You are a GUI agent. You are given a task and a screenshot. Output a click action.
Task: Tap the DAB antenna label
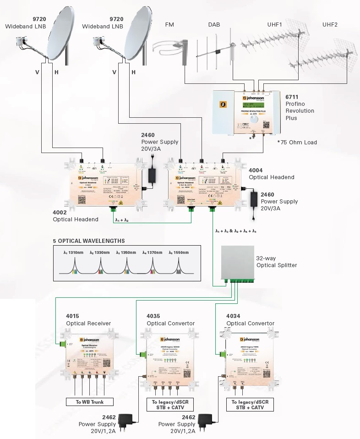[x=214, y=24]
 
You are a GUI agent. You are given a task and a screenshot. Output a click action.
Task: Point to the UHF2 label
[x=330, y=24]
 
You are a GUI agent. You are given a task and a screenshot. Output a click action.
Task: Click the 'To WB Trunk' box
[x=90, y=402]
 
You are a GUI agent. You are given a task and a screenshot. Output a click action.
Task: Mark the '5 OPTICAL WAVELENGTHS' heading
[x=89, y=241]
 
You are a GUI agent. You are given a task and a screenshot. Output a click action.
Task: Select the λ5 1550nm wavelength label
[x=179, y=252]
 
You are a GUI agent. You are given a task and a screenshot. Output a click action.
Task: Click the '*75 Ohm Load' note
[x=296, y=143]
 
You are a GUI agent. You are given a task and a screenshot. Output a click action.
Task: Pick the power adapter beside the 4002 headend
[x=151, y=174]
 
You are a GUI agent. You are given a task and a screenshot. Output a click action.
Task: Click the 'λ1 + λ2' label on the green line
[x=122, y=219]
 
